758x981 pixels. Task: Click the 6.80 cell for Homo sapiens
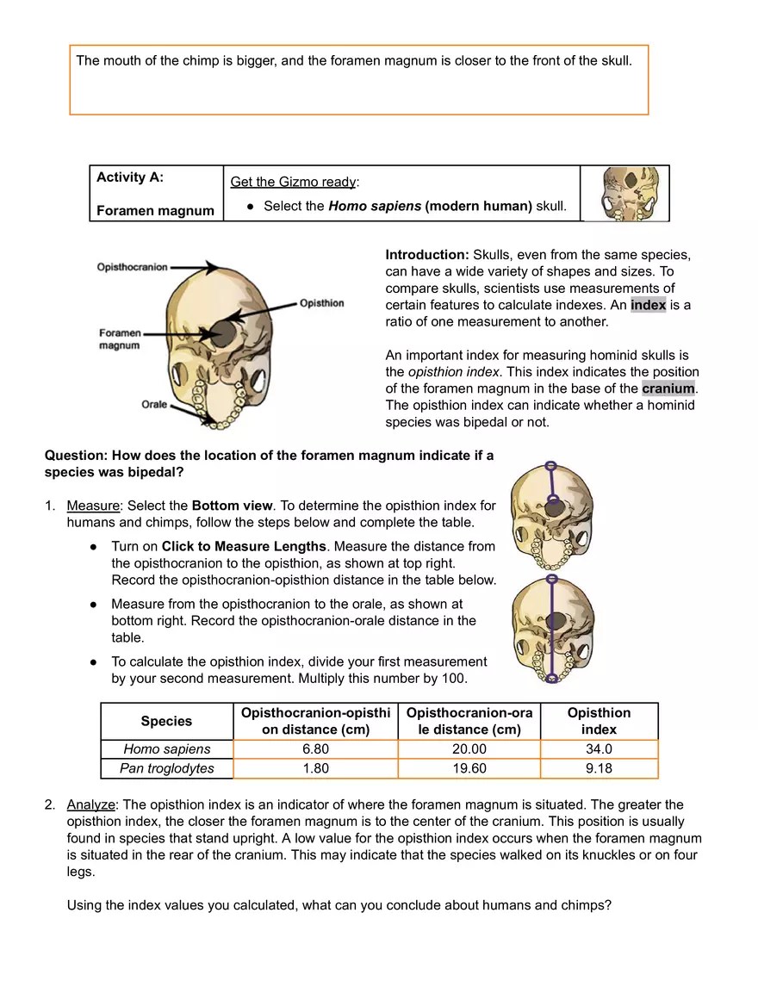click(x=315, y=749)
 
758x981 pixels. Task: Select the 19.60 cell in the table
click(x=469, y=768)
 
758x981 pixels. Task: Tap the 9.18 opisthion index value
click(x=599, y=768)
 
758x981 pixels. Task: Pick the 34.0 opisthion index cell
click(x=599, y=749)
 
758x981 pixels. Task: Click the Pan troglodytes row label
click(x=167, y=768)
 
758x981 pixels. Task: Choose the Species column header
click(x=166, y=721)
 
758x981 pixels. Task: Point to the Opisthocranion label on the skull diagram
click(x=132, y=267)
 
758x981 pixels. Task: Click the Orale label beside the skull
click(x=154, y=404)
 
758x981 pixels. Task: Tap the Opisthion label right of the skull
click(x=322, y=303)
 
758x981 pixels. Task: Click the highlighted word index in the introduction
click(x=648, y=305)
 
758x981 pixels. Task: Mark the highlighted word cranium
click(x=668, y=388)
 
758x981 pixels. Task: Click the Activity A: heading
click(x=130, y=177)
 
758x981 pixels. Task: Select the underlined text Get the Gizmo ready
click(x=293, y=182)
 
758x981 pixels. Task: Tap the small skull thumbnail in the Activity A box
click(x=624, y=194)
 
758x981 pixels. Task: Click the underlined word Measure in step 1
click(x=92, y=506)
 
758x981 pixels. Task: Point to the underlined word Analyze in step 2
click(x=90, y=804)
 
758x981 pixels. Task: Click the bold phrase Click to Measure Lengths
click(x=244, y=546)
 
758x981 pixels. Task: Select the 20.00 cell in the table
click(x=469, y=749)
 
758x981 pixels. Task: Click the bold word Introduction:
click(x=427, y=255)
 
